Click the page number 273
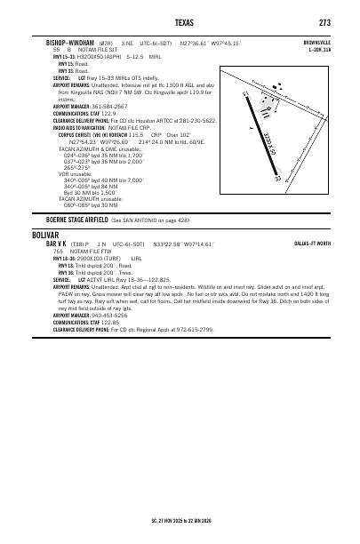click(324, 23)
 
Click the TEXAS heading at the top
click(180, 23)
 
